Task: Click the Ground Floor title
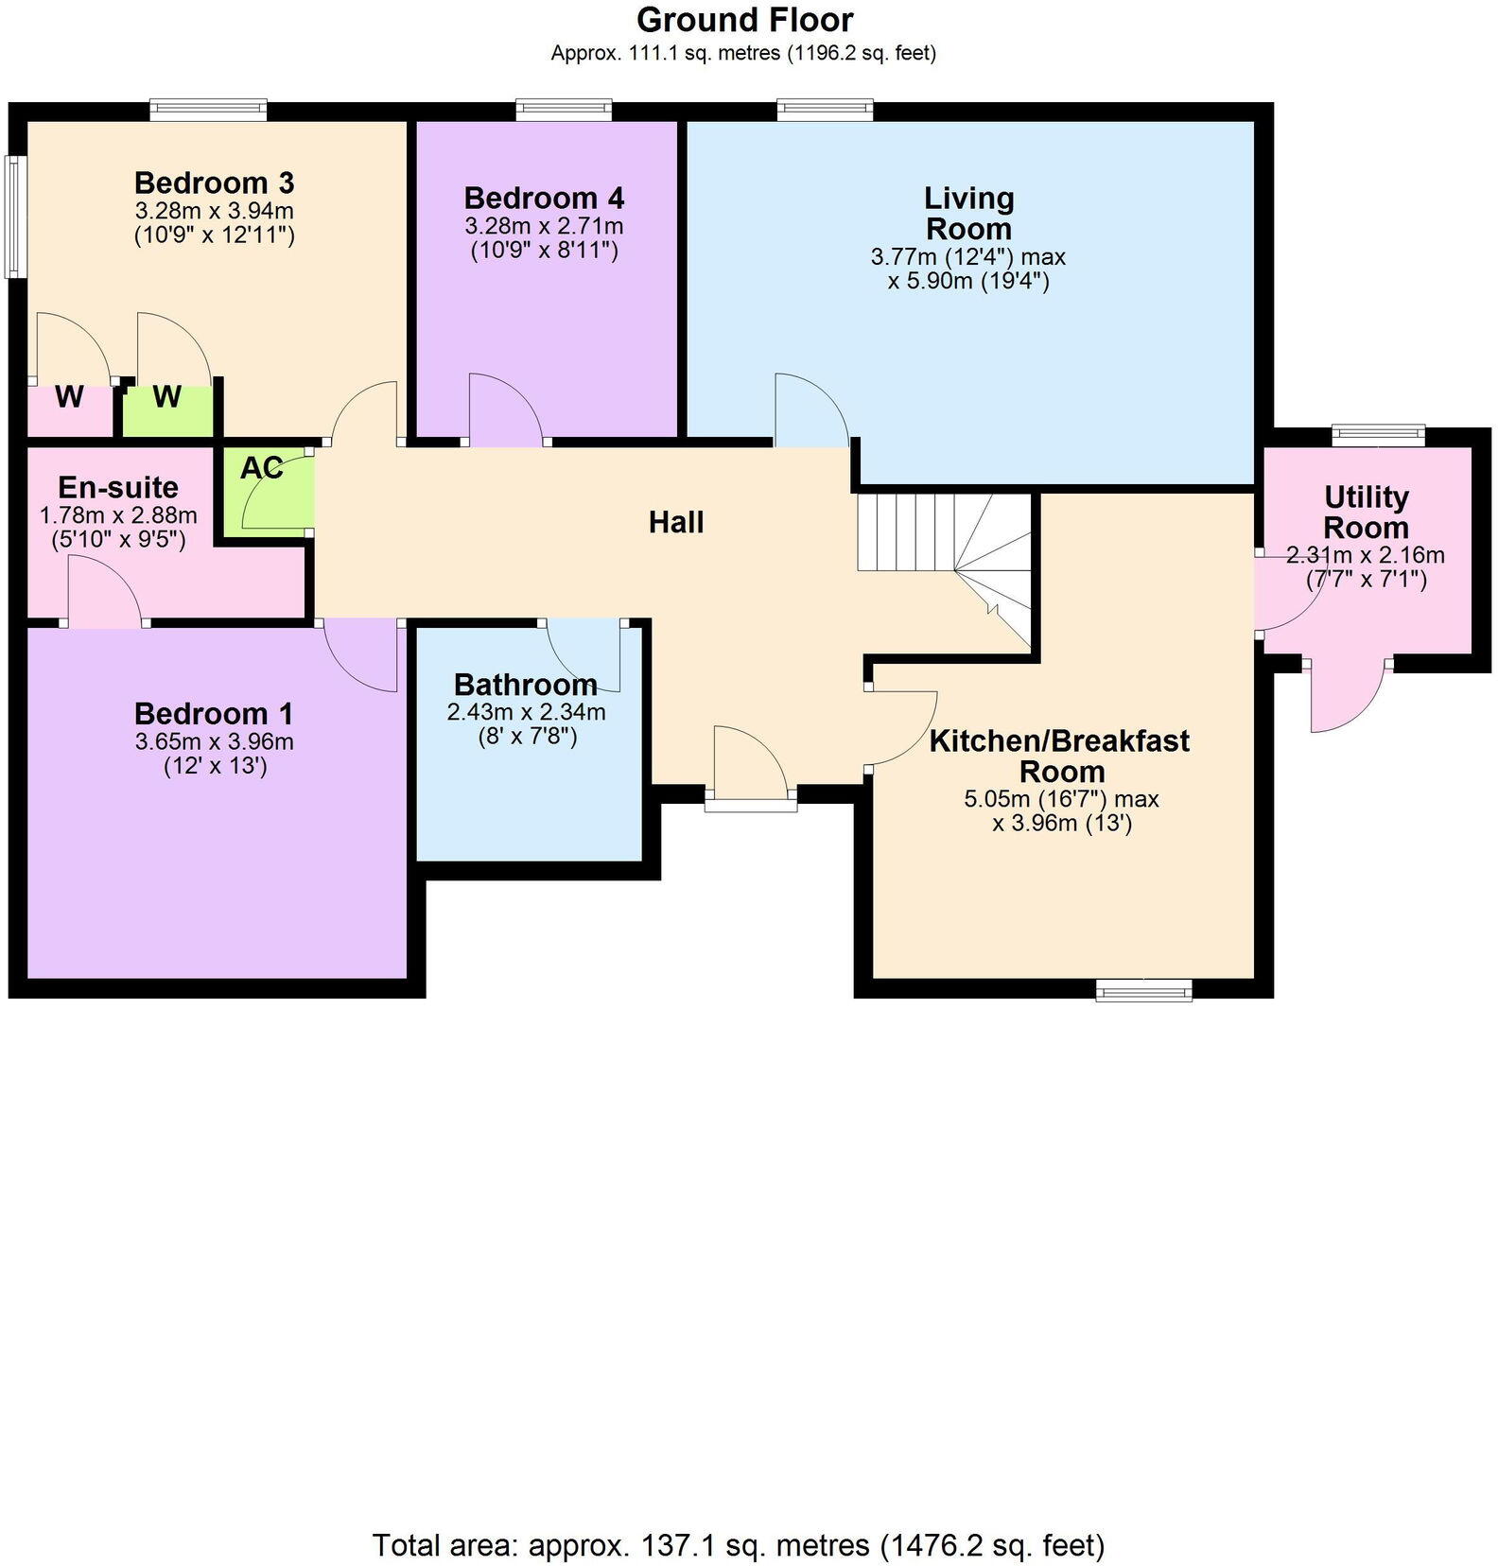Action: point(744,20)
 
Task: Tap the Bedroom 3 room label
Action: point(214,182)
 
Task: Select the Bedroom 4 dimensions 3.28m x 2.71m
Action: point(544,226)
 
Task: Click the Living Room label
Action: point(968,213)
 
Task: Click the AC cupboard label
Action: point(261,468)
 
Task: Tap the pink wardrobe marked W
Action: point(69,398)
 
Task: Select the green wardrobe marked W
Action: point(167,397)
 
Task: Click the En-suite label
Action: point(118,487)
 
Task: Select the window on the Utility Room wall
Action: point(1378,435)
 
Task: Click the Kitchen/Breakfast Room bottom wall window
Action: point(1144,990)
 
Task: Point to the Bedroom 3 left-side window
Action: point(13,217)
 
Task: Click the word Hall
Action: point(676,522)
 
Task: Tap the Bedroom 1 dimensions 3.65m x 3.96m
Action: point(214,741)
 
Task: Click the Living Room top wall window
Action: point(825,111)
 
